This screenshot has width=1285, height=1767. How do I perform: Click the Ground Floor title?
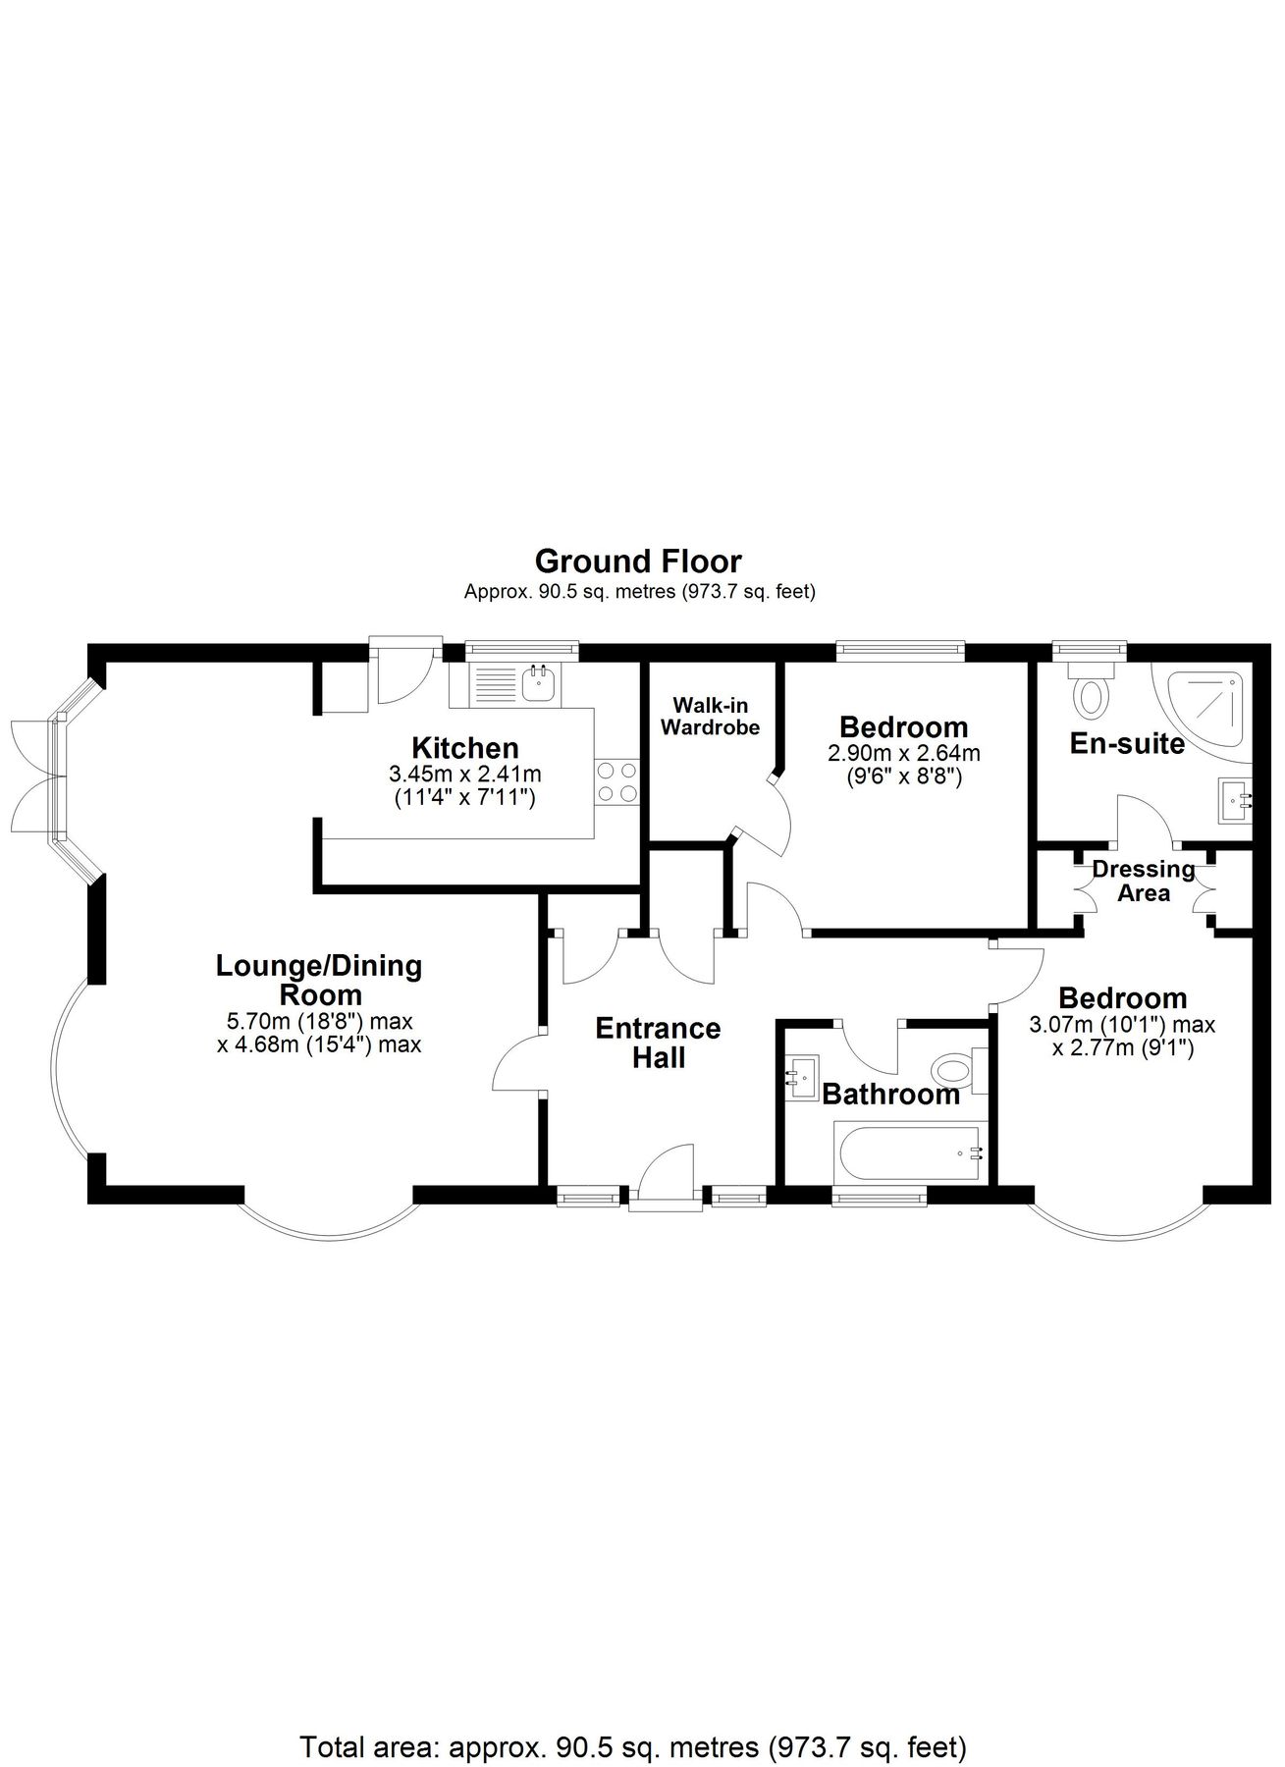click(x=638, y=562)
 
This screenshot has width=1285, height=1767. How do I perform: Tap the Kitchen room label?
click(x=464, y=747)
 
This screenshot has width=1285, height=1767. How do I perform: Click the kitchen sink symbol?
click(x=538, y=683)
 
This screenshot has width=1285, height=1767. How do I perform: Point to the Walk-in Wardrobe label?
click(x=710, y=717)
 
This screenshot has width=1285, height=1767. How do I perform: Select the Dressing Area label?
click(x=1144, y=881)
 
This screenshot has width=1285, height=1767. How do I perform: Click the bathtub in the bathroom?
click(x=908, y=1153)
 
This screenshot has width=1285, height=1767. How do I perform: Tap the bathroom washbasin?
click(x=802, y=1077)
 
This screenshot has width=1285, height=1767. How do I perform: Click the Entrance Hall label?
click(x=658, y=1043)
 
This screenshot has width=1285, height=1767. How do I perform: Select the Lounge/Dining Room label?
click(x=319, y=979)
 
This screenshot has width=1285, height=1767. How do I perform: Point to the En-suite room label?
click(x=1126, y=743)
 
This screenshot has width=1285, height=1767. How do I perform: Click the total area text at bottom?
click(x=633, y=1720)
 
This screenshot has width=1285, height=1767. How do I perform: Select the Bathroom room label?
click(x=890, y=1095)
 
